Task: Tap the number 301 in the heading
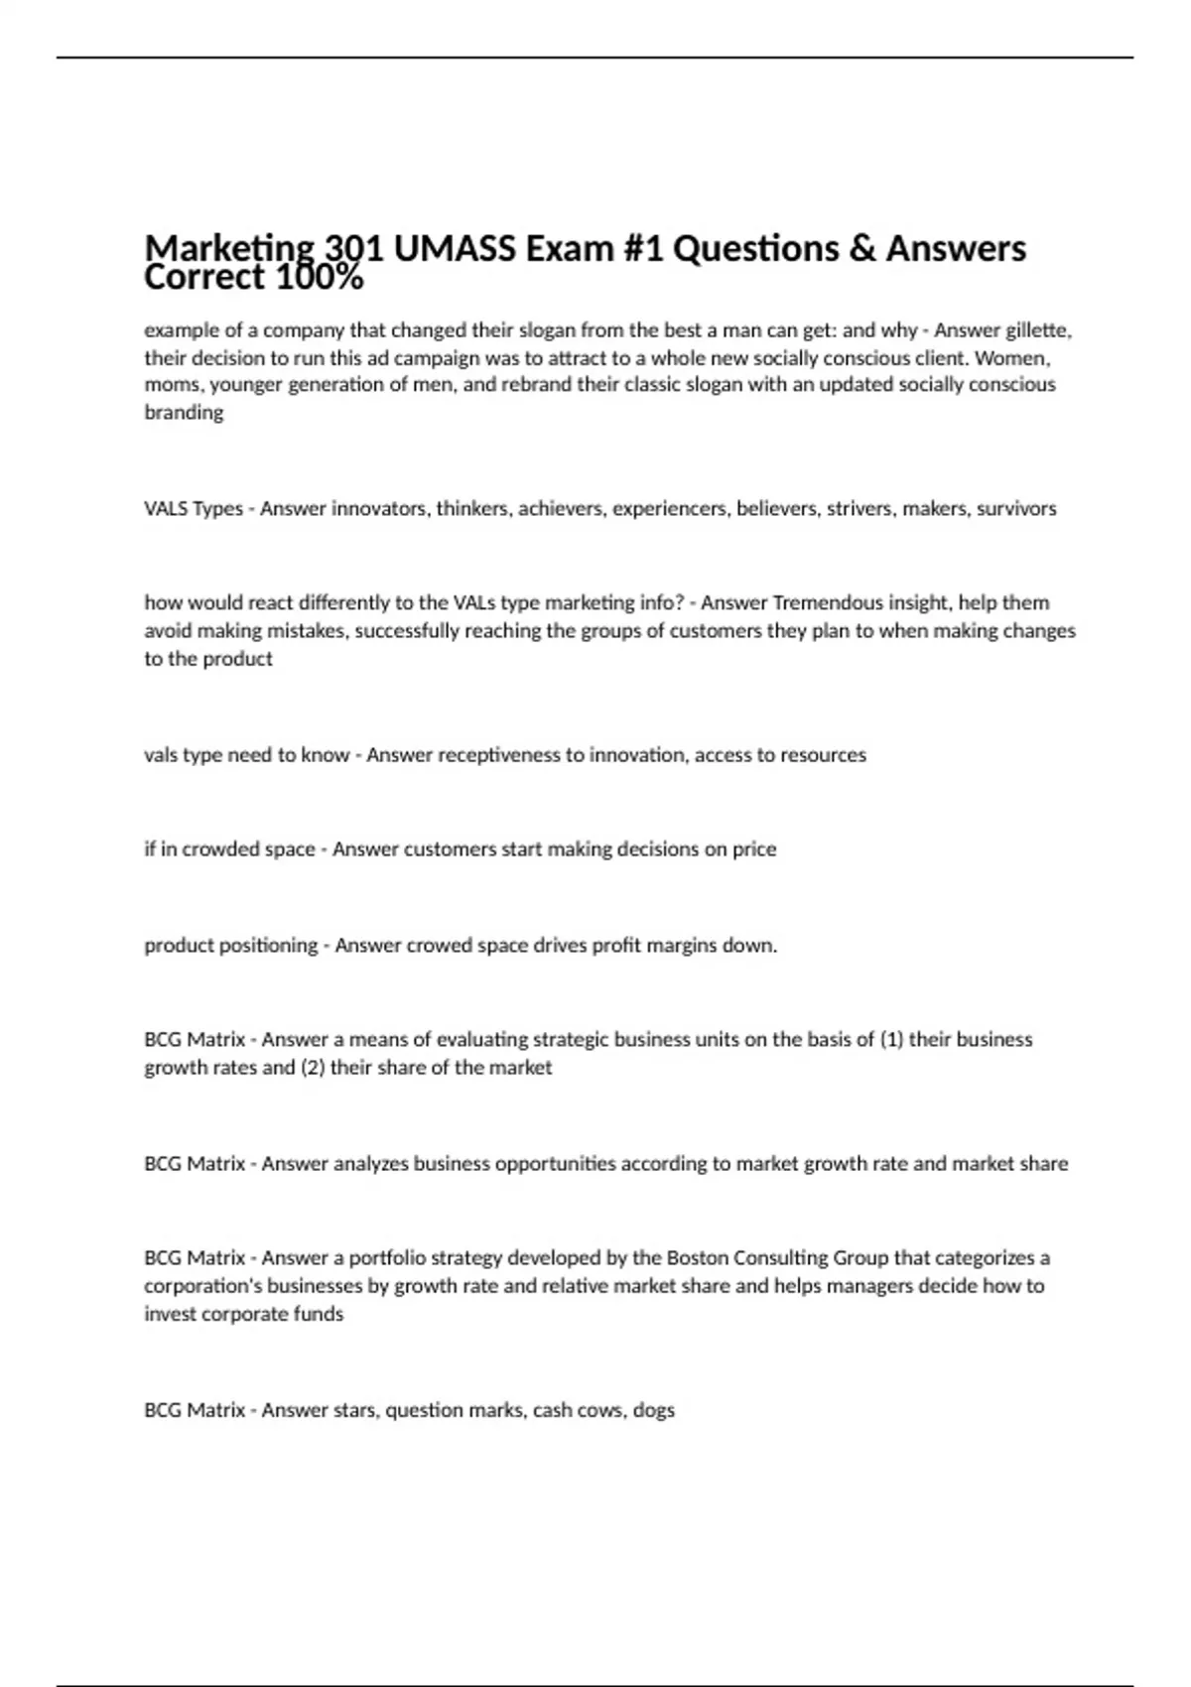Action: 356,248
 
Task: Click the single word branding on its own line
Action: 184,413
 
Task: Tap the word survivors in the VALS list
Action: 1016,508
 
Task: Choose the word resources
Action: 824,754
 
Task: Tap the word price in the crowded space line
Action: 754,848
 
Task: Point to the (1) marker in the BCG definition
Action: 891,1039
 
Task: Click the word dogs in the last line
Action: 653,1409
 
